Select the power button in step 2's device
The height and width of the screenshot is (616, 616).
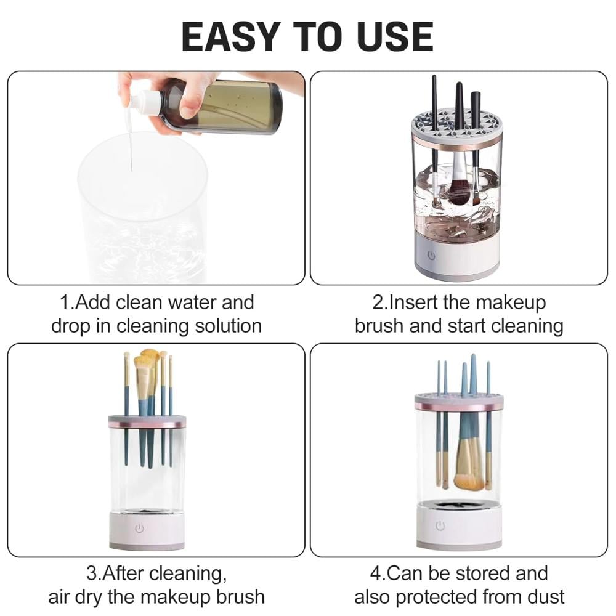click(x=431, y=256)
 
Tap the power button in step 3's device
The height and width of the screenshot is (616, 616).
click(x=139, y=529)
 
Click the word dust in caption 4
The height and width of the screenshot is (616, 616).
click(x=546, y=597)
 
